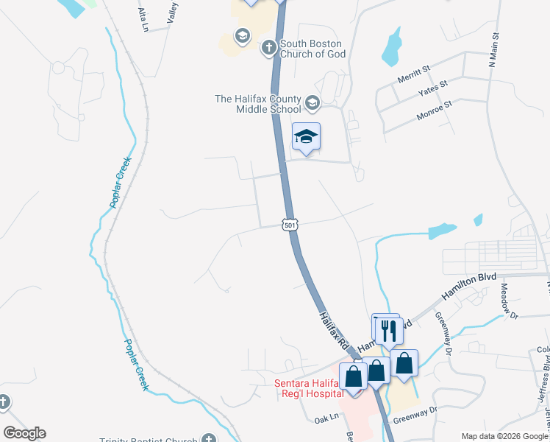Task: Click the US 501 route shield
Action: click(x=290, y=225)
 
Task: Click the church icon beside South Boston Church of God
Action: click(x=269, y=48)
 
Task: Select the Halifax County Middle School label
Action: click(x=257, y=104)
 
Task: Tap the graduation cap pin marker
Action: click(x=306, y=136)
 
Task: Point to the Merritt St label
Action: click(x=414, y=74)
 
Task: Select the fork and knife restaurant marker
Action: click(x=388, y=330)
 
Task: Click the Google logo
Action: click(x=24, y=433)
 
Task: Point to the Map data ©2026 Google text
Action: click(x=504, y=436)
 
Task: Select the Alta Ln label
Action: click(x=143, y=19)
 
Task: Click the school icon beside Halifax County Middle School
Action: click(x=312, y=103)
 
